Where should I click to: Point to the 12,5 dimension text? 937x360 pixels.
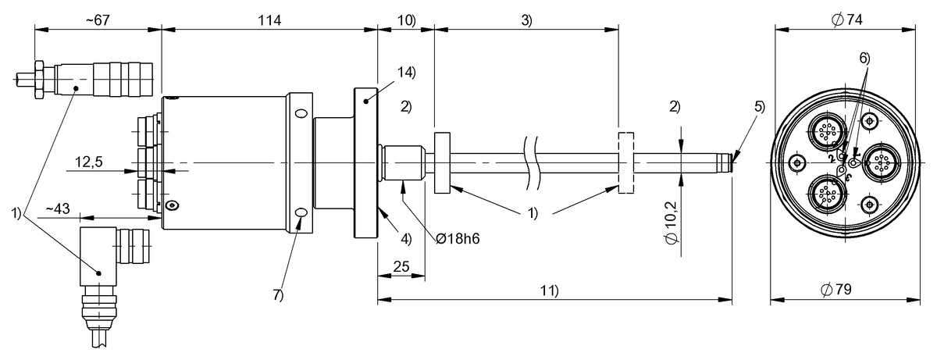[90, 162]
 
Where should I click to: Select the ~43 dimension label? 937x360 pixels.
[59, 209]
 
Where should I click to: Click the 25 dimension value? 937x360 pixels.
[401, 268]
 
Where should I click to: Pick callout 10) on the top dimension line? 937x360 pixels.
[405, 20]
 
